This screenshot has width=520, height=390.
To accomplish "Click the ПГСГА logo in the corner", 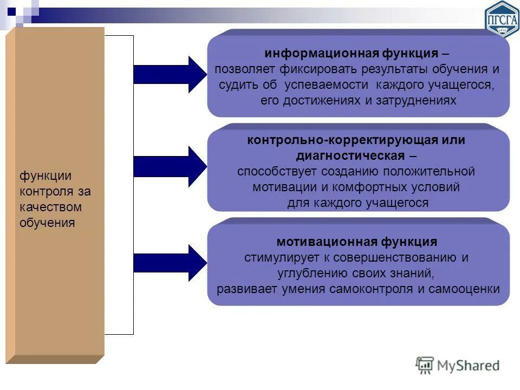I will click(501, 19).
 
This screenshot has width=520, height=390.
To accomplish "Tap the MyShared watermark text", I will click(469, 366).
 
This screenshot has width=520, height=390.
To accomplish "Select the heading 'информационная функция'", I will click(351, 54).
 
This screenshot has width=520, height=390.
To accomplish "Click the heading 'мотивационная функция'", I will click(357, 242).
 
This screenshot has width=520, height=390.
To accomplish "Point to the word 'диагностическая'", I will click(350, 155).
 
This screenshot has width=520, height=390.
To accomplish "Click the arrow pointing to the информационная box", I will click(169, 74).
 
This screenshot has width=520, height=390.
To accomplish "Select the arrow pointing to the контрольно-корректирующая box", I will click(169, 165).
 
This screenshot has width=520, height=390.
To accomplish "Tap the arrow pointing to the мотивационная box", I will click(169, 263).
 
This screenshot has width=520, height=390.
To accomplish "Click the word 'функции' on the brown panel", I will click(46, 176).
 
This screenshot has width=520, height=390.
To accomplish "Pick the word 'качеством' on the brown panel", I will click(51, 207).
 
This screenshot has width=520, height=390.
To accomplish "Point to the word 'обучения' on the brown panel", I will click(47, 223).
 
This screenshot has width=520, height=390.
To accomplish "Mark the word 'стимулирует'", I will click(276, 257).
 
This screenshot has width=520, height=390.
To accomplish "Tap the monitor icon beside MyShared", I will click(425, 366).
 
